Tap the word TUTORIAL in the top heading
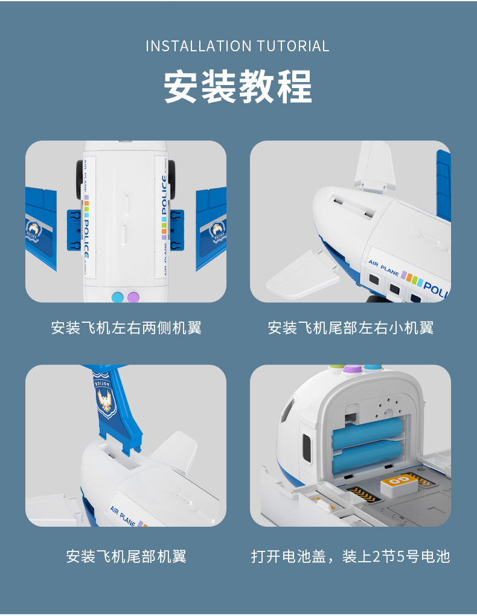pyautogui.click(x=293, y=46)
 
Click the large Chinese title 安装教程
pyautogui.click(x=238, y=86)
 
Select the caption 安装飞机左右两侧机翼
pyautogui.click(x=126, y=328)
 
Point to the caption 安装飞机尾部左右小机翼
pyautogui.click(x=350, y=328)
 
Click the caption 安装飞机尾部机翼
pyautogui.click(x=126, y=556)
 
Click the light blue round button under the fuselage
pyautogui.click(x=117, y=296)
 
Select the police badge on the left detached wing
pyautogui.click(x=34, y=230)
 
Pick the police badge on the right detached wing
pyautogui.click(x=217, y=230)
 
